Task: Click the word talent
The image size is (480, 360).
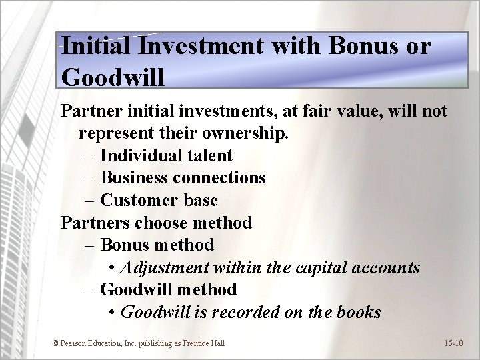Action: [209, 155]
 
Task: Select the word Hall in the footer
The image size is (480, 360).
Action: [217, 343]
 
